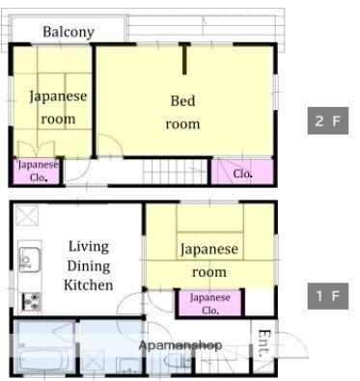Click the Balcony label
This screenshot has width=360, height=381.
pos(68,32)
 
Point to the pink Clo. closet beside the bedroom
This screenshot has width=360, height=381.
pos(242,174)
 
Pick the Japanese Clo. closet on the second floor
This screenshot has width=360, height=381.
pos(38,171)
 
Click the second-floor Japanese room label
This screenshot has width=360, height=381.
pos(58,107)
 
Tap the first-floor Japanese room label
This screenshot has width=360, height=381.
pos(208,260)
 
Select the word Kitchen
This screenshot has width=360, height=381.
pos(89,285)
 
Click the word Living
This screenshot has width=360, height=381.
pos(88,247)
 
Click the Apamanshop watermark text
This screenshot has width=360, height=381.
pos(180,344)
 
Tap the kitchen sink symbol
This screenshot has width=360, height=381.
pos(28,259)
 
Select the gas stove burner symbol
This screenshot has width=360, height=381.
pos(29,300)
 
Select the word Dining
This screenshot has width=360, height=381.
pos(88,266)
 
